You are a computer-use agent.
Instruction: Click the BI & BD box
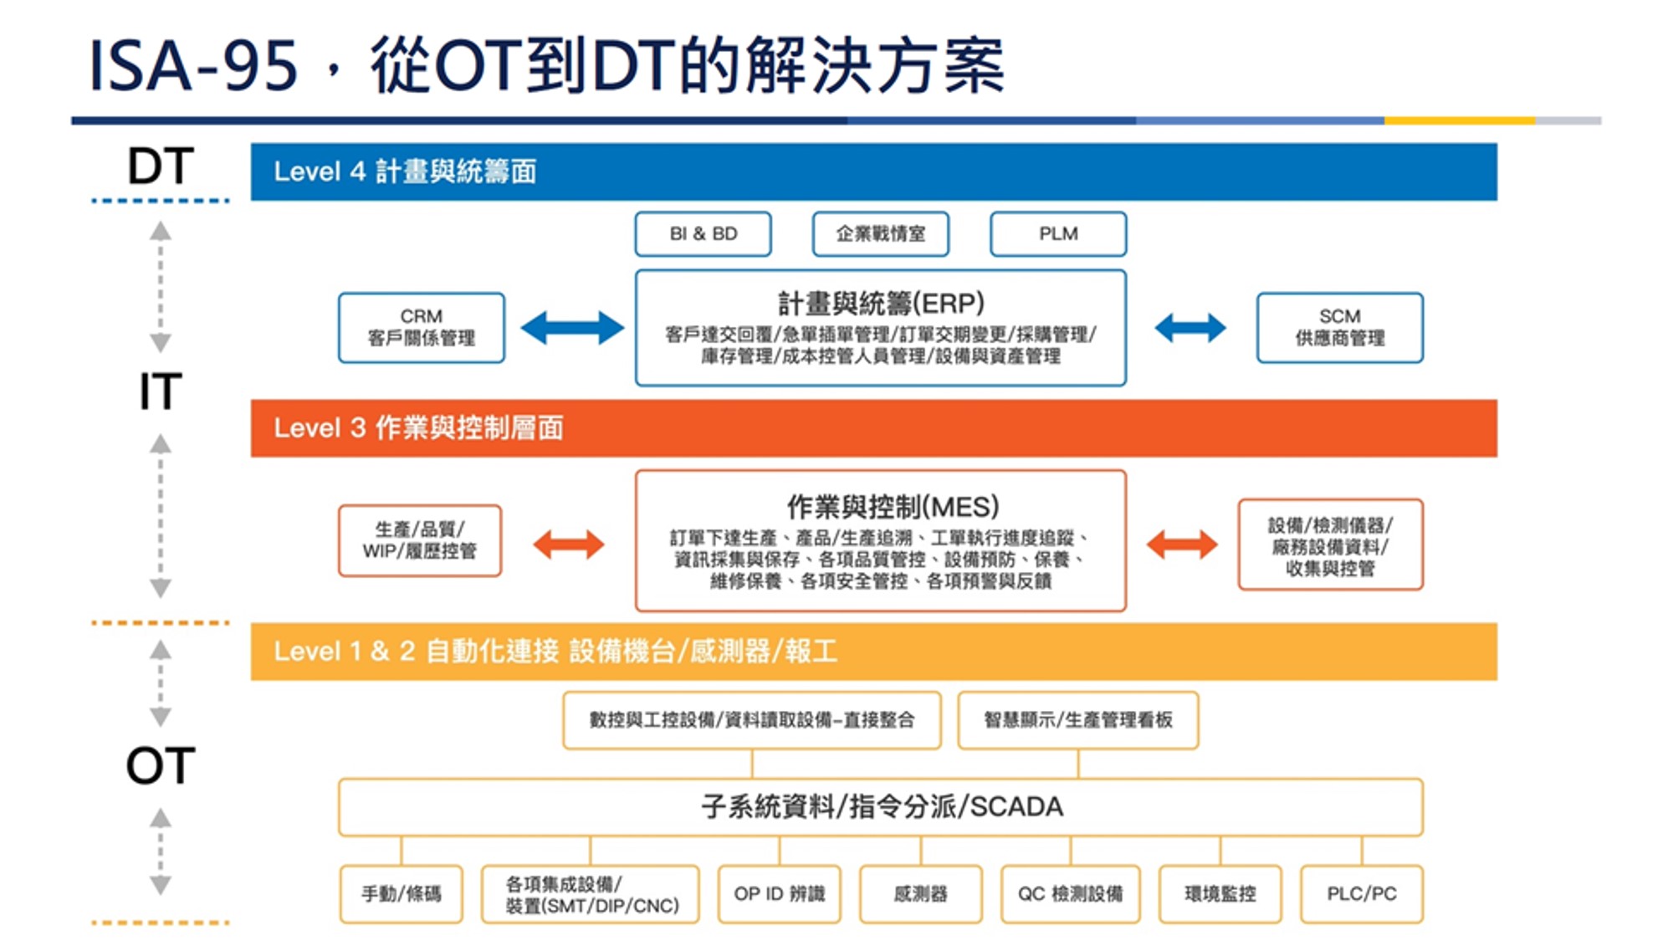pos(703,234)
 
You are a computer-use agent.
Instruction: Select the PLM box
pos(1058,234)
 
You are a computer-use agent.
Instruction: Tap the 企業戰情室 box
pos(880,234)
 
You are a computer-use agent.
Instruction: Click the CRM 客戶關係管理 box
pos(422,328)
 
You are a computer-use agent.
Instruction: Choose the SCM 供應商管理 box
pos(1339,328)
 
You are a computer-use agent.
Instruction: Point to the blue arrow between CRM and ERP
pos(572,328)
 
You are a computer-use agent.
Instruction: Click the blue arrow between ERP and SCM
pos(1190,328)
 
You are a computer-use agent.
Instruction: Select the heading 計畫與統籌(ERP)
pos(881,303)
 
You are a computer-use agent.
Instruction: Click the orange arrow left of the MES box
pos(569,545)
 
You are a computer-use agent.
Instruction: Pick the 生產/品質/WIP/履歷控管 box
pos(420,540)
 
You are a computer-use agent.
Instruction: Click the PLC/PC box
pos(1361,894)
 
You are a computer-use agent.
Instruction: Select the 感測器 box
pos(920,894)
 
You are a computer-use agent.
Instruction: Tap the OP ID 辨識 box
pos(779,894)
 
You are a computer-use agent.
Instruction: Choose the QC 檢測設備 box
pos(1070,894)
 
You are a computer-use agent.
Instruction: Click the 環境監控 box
pos(1220,894)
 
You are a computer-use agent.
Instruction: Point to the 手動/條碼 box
pos(401,894)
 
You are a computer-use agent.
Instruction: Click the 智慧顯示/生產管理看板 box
pos(1077,720)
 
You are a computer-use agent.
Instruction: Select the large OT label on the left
pos(161,765)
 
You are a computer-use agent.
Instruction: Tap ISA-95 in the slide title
pos(193,67)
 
